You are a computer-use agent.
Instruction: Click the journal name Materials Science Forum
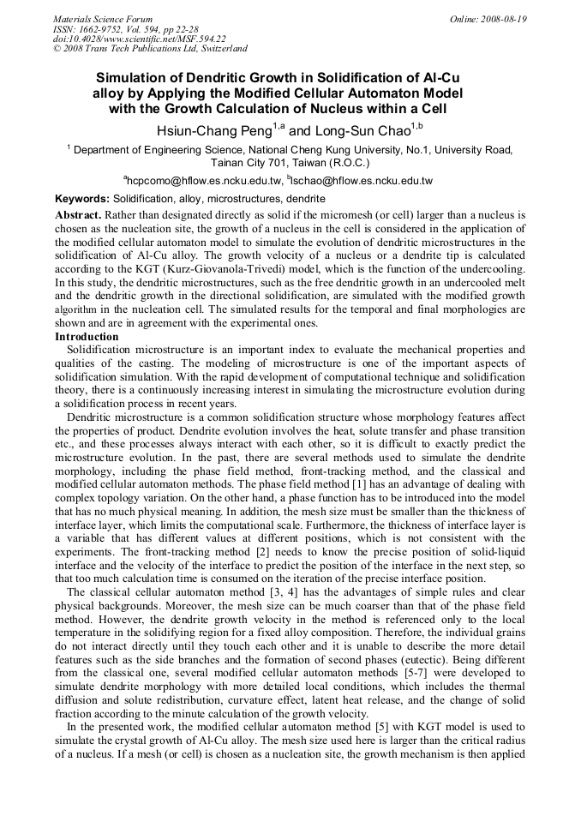pos(103,19)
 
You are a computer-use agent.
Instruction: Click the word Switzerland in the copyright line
pos(222,50)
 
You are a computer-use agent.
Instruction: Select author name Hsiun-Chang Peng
pos(213,131)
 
